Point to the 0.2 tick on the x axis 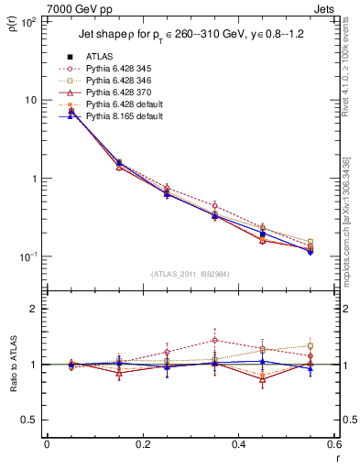point(143,444)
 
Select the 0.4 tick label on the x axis point(239,444)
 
